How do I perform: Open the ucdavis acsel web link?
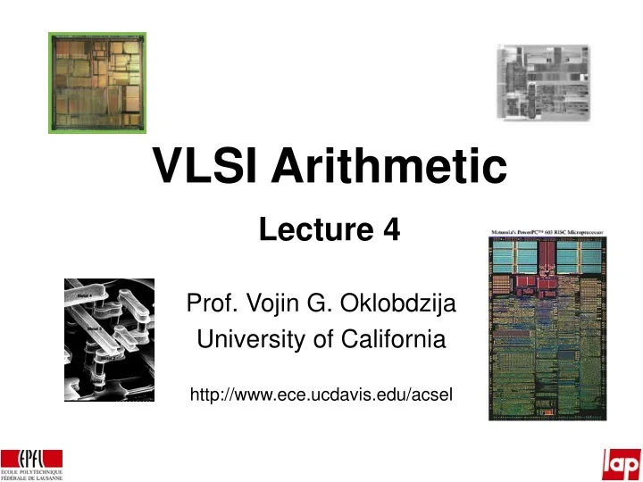coord(322,395)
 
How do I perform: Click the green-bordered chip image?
coord(96,82)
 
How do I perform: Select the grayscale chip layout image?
coord(543,83)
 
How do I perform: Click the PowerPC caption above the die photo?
coord(547,233)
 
